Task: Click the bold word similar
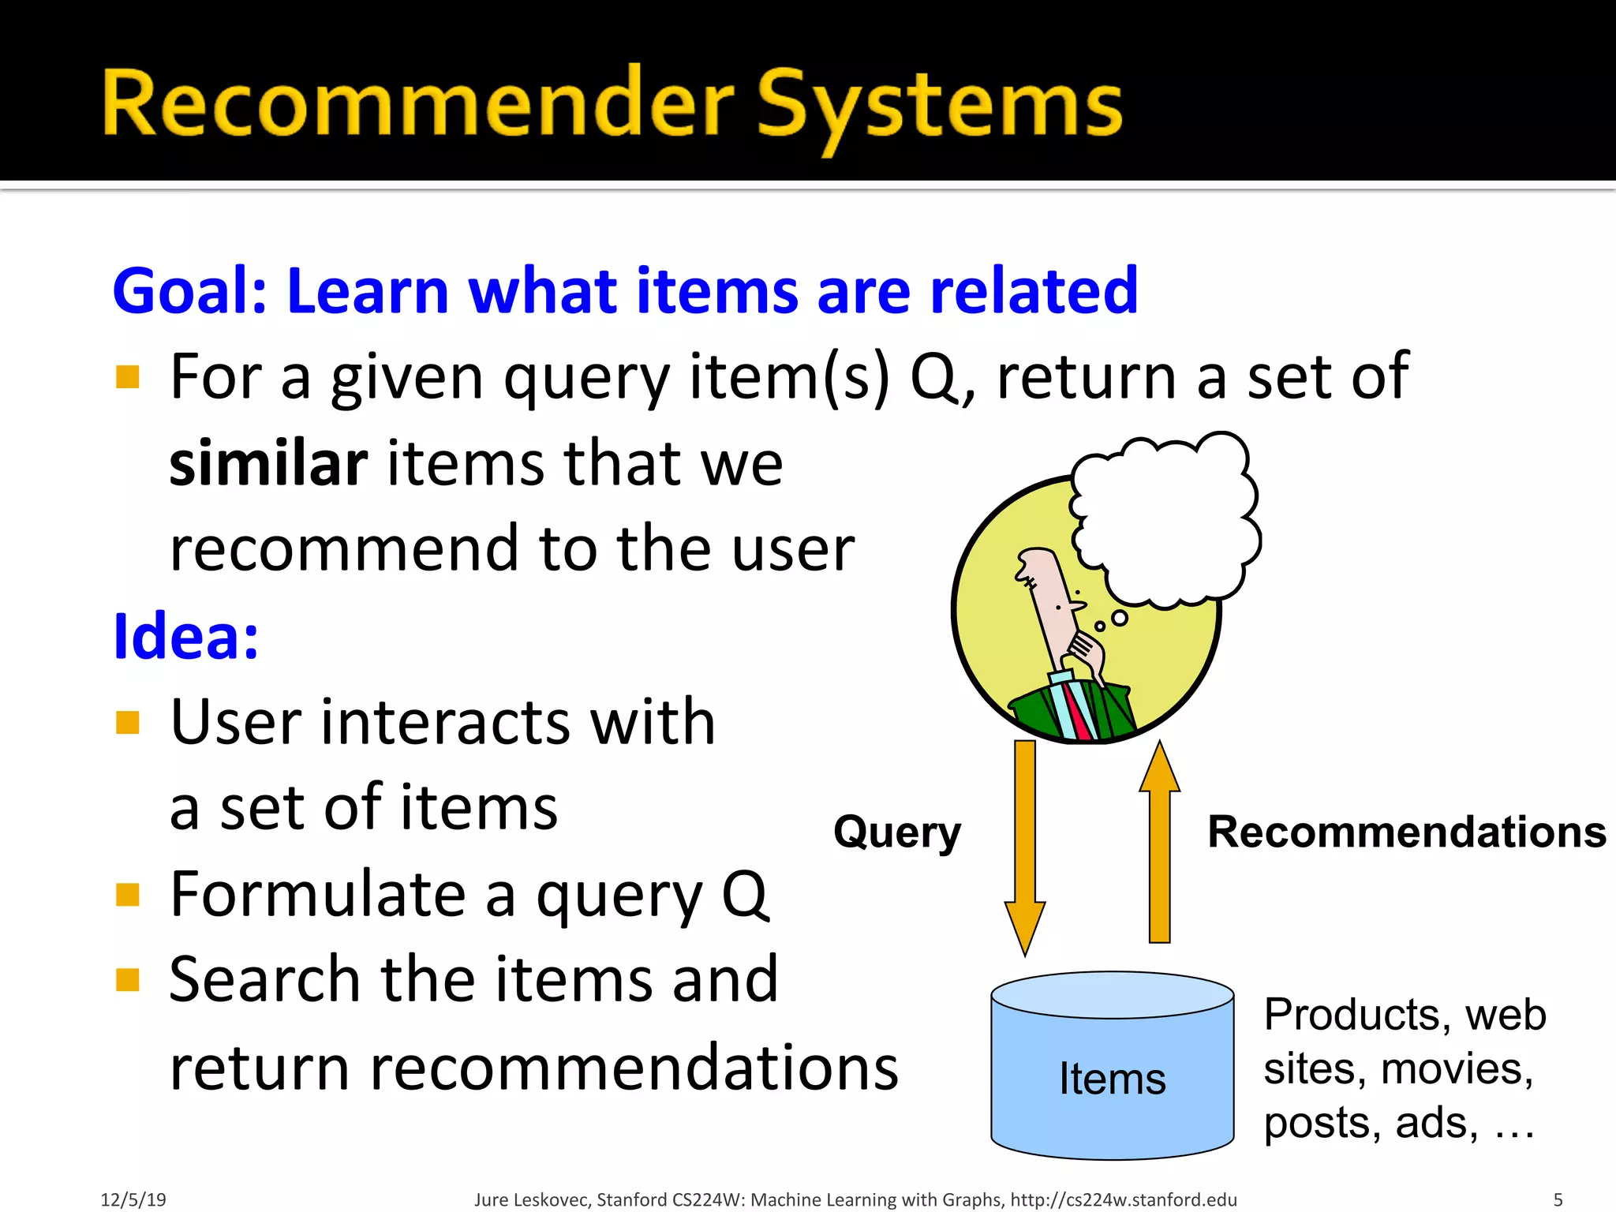(268, 463)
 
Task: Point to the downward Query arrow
(1024, 844)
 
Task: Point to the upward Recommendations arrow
(1159, 844)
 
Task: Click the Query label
(897, 832)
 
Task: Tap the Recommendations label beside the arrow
(1406, 832)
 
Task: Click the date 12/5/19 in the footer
(133, 1199)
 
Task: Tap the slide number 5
(1558, 1199)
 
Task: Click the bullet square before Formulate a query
(127, 895)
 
